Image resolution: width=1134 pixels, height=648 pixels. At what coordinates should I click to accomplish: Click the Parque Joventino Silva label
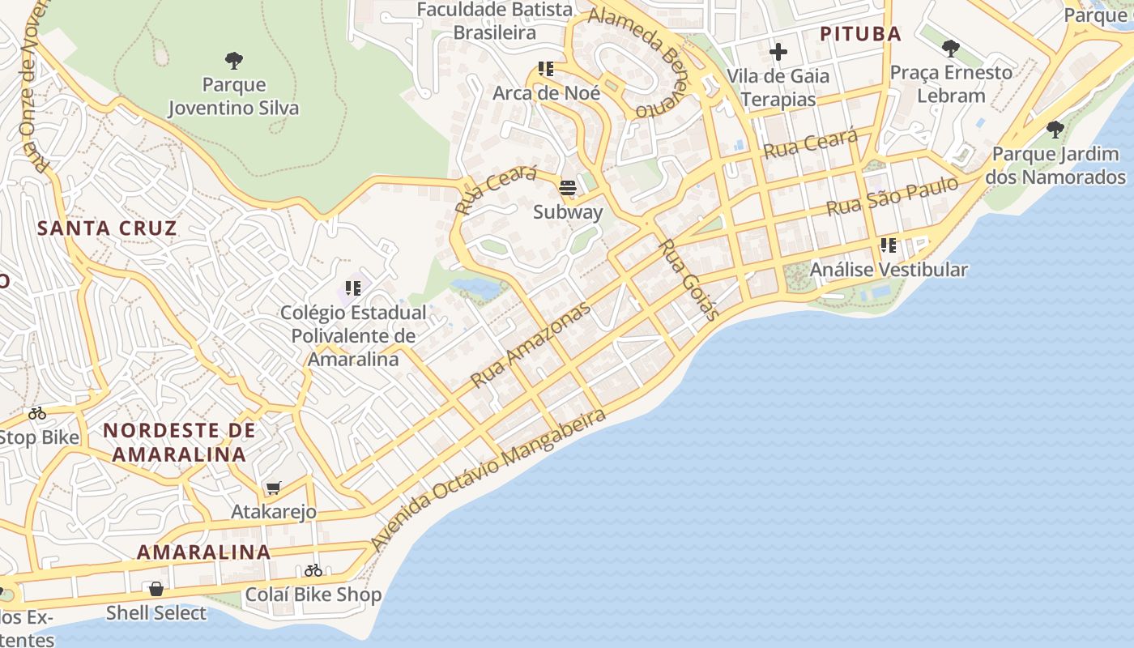233,96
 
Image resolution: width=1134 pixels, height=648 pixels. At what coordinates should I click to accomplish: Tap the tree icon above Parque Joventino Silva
234,60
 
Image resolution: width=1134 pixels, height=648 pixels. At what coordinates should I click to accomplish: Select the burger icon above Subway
568,189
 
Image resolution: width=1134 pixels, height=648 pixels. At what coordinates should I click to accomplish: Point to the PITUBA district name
860,34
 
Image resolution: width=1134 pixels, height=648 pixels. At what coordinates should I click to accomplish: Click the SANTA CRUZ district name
107,228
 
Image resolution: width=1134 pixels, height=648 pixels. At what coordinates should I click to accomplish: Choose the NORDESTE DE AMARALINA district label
179,442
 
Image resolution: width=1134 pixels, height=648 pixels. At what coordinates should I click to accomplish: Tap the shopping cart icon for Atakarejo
274,488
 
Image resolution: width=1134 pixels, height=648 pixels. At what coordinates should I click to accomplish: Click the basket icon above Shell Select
156,589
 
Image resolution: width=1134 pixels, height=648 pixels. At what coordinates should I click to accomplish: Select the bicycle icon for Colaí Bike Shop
313,570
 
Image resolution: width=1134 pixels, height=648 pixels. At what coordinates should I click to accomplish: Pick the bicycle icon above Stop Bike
37,414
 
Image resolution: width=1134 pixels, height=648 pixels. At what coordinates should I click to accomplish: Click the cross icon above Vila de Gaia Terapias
778,53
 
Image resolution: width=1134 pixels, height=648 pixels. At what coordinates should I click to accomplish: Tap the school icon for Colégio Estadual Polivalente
352,288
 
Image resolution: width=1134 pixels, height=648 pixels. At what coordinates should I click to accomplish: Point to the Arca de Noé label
547,93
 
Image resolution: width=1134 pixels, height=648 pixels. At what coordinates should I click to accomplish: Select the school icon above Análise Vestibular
889,245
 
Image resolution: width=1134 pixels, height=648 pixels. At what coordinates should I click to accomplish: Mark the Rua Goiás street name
687,280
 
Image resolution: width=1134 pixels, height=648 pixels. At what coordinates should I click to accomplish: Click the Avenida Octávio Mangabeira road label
488,478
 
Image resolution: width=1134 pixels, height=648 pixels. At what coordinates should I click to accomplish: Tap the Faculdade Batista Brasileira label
494,21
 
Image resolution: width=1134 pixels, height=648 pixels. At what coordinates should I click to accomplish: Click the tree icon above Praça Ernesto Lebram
951,49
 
